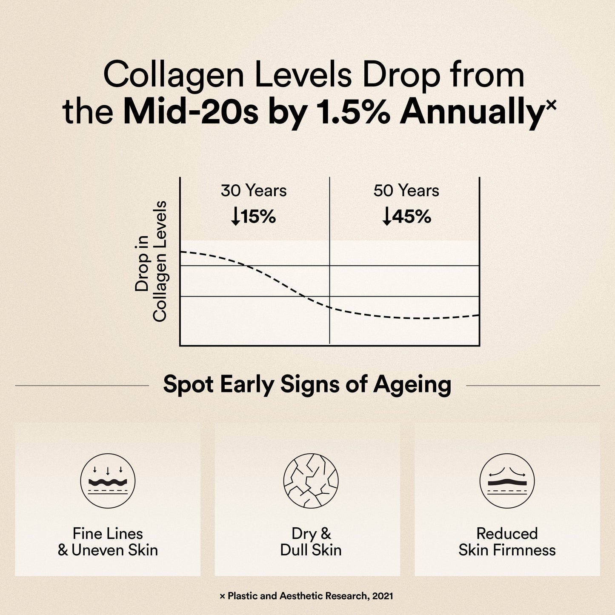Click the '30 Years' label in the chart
254,191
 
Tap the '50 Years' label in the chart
406,191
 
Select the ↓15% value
254,217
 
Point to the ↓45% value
407,217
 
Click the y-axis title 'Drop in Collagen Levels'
151,261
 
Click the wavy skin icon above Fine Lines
108,481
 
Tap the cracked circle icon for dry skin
311,481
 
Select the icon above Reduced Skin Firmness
507,481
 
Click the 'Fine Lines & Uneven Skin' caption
108,542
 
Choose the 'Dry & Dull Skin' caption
311,542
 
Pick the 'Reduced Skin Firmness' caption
507,542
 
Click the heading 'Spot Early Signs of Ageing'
307,385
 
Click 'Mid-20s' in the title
190,112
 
